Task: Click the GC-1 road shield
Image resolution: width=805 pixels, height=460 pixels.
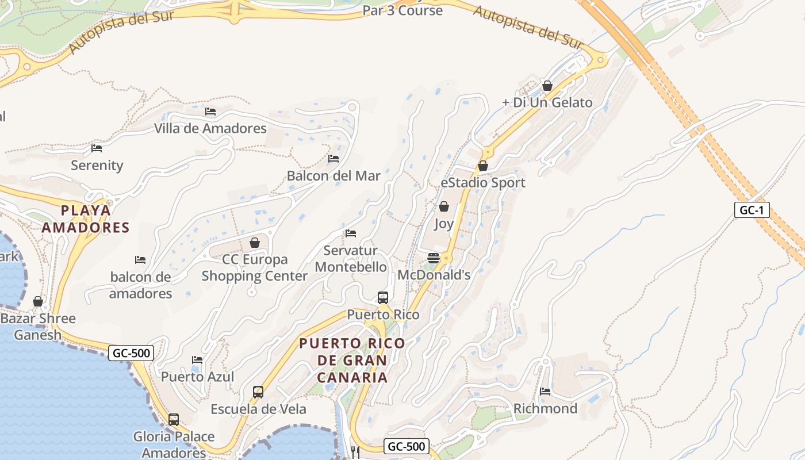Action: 752,210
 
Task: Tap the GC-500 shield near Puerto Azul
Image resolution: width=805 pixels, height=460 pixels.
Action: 131,352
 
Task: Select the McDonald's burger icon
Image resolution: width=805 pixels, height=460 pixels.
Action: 434,258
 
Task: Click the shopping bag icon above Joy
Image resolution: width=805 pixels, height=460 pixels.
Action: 444,206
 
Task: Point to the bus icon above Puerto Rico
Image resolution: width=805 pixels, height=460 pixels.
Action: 383,297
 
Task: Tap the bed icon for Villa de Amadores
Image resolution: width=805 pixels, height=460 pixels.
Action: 210,112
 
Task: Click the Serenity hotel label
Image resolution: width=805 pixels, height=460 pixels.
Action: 97,166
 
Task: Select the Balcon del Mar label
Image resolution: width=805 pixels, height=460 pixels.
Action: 333,176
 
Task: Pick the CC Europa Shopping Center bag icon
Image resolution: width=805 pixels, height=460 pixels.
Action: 254,243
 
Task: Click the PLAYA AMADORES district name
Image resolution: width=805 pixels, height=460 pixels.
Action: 86,218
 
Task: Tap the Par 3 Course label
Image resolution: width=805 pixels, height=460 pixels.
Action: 402,10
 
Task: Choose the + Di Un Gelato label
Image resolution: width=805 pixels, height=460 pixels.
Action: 547,102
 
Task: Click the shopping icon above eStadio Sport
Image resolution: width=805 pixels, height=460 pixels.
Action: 483,166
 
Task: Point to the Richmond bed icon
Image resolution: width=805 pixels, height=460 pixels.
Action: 545,392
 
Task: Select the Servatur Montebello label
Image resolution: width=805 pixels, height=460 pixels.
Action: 351,259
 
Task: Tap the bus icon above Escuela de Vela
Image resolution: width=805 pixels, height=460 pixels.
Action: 258,392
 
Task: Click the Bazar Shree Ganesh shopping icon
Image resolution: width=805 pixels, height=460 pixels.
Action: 38,301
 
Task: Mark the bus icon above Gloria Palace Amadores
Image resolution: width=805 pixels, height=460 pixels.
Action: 174,420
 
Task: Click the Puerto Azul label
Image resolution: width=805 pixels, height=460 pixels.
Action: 197,377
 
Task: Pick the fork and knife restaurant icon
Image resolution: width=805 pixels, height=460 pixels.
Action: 355,453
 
